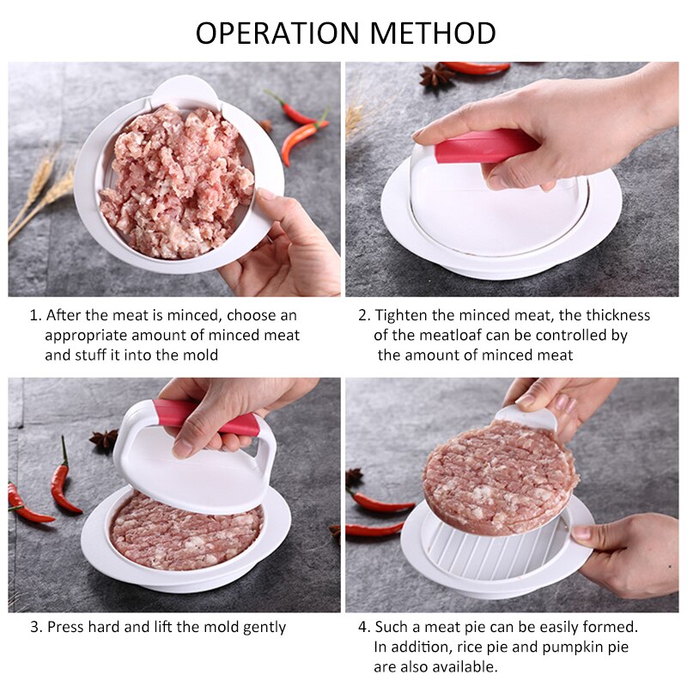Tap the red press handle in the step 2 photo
[x=485, y=145]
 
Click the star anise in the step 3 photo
[x=105, y=441]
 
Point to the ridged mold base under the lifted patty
[x=481, y=550]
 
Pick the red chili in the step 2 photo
[x=477, y=68]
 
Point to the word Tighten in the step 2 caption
[x=400, y=315]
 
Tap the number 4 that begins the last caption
[x=362, y=627]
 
